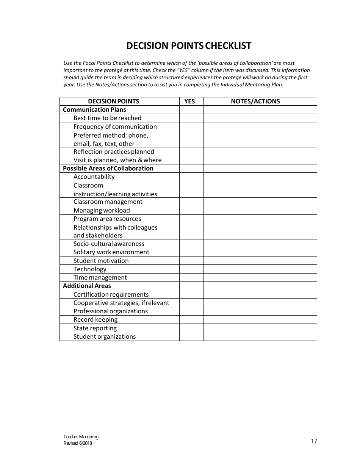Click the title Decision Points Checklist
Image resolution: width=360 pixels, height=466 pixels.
189,46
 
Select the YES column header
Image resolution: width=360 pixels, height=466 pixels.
189,101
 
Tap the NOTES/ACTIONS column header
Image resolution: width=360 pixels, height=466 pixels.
255,101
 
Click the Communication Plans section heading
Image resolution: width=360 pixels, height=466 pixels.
94,109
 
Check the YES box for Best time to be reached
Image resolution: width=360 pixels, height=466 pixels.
191,118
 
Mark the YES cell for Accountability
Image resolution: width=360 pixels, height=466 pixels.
191,177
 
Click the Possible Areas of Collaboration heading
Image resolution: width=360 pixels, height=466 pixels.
108,168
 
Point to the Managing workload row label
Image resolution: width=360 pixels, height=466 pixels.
102,210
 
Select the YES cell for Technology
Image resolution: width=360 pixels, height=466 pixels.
191,269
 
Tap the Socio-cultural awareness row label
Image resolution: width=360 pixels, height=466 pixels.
109,244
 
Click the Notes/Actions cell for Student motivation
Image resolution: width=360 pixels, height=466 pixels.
260,261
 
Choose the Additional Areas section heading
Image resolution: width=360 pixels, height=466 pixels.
87,286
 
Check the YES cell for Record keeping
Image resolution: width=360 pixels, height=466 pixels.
191,320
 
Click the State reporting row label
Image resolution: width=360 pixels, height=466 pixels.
95,328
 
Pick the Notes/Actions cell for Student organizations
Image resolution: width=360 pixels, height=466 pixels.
260,336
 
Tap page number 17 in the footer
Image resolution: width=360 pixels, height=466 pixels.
314,441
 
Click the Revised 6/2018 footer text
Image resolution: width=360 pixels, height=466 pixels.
78,443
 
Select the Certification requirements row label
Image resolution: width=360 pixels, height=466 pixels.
111,294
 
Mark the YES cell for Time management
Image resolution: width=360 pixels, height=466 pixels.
191,277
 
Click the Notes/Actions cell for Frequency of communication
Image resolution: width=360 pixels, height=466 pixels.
260,127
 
